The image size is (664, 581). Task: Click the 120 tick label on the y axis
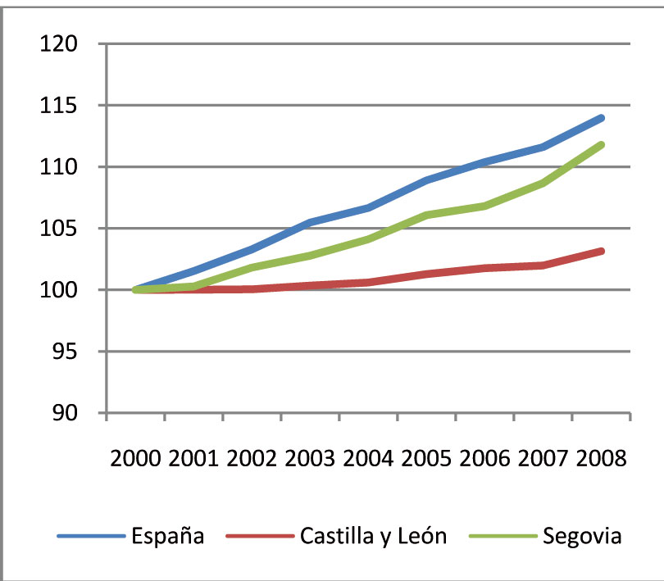point(59,43)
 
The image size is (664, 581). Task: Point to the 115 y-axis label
point(59,105)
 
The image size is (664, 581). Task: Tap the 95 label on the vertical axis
point(66,352)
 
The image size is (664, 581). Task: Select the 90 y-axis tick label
point(66,413)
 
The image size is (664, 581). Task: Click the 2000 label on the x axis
point(135,458)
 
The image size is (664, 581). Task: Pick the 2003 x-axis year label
point(310,458)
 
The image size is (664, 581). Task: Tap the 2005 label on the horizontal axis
point(426,458)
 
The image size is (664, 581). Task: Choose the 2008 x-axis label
point(602,458)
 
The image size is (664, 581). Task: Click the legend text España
point(168,536)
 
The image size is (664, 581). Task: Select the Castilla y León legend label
point(374,536)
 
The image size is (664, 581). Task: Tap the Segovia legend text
point(582,536)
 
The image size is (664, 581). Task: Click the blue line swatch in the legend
point(92,536)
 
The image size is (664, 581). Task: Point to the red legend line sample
point(260,536)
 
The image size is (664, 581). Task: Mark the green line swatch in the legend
point(503,536)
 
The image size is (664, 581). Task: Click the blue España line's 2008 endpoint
point(602,118)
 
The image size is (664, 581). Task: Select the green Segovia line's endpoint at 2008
point(602,145)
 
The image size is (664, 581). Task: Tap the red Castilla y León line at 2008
point(602,251)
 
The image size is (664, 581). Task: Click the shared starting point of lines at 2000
point(135,289)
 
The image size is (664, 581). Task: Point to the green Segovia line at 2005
point(426,216)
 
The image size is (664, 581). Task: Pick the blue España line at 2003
point(310,222)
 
